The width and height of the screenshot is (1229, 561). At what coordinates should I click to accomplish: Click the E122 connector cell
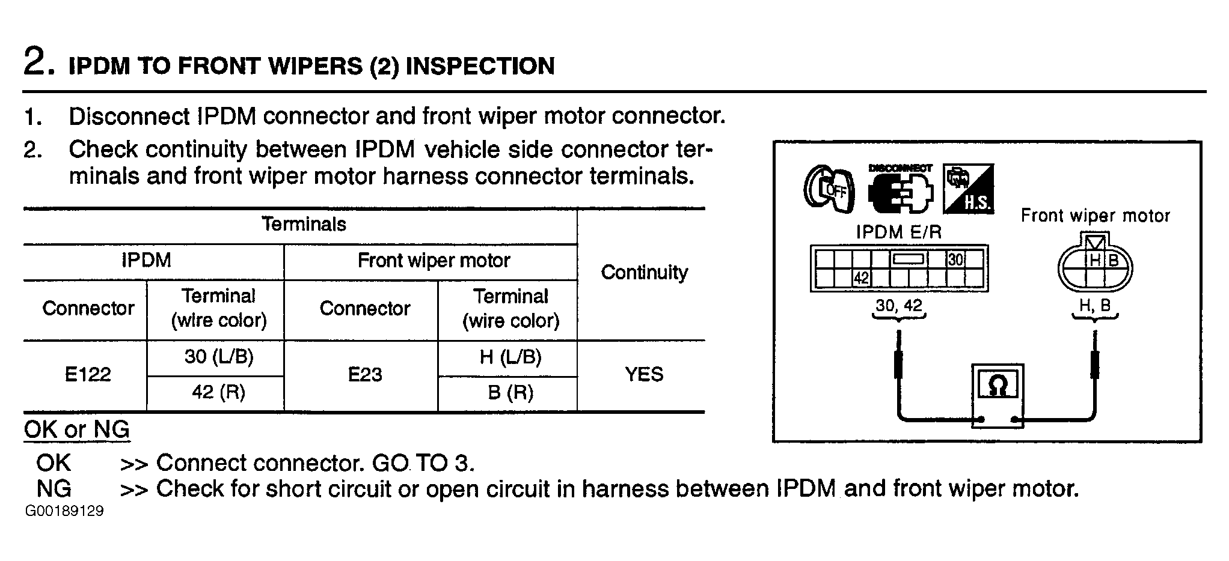88,375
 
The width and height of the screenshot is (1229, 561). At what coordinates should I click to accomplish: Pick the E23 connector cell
365,375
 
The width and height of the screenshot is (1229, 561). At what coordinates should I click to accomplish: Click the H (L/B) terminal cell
510,357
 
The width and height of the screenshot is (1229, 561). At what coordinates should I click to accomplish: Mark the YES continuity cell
644,375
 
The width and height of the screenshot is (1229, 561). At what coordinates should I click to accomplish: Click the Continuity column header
644,273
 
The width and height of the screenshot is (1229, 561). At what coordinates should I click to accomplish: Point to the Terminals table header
304,224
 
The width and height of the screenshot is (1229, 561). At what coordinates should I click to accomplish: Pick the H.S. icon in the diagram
968,189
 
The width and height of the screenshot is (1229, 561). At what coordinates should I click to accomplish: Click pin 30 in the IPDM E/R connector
955,259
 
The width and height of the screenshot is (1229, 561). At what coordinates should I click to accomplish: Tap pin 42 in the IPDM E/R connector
862,279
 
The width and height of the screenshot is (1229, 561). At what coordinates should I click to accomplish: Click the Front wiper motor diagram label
1095,216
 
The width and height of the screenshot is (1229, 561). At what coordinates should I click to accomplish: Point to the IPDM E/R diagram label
898,232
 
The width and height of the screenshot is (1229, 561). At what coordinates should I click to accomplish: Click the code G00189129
64,511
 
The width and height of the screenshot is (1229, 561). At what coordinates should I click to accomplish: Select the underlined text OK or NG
77,429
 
